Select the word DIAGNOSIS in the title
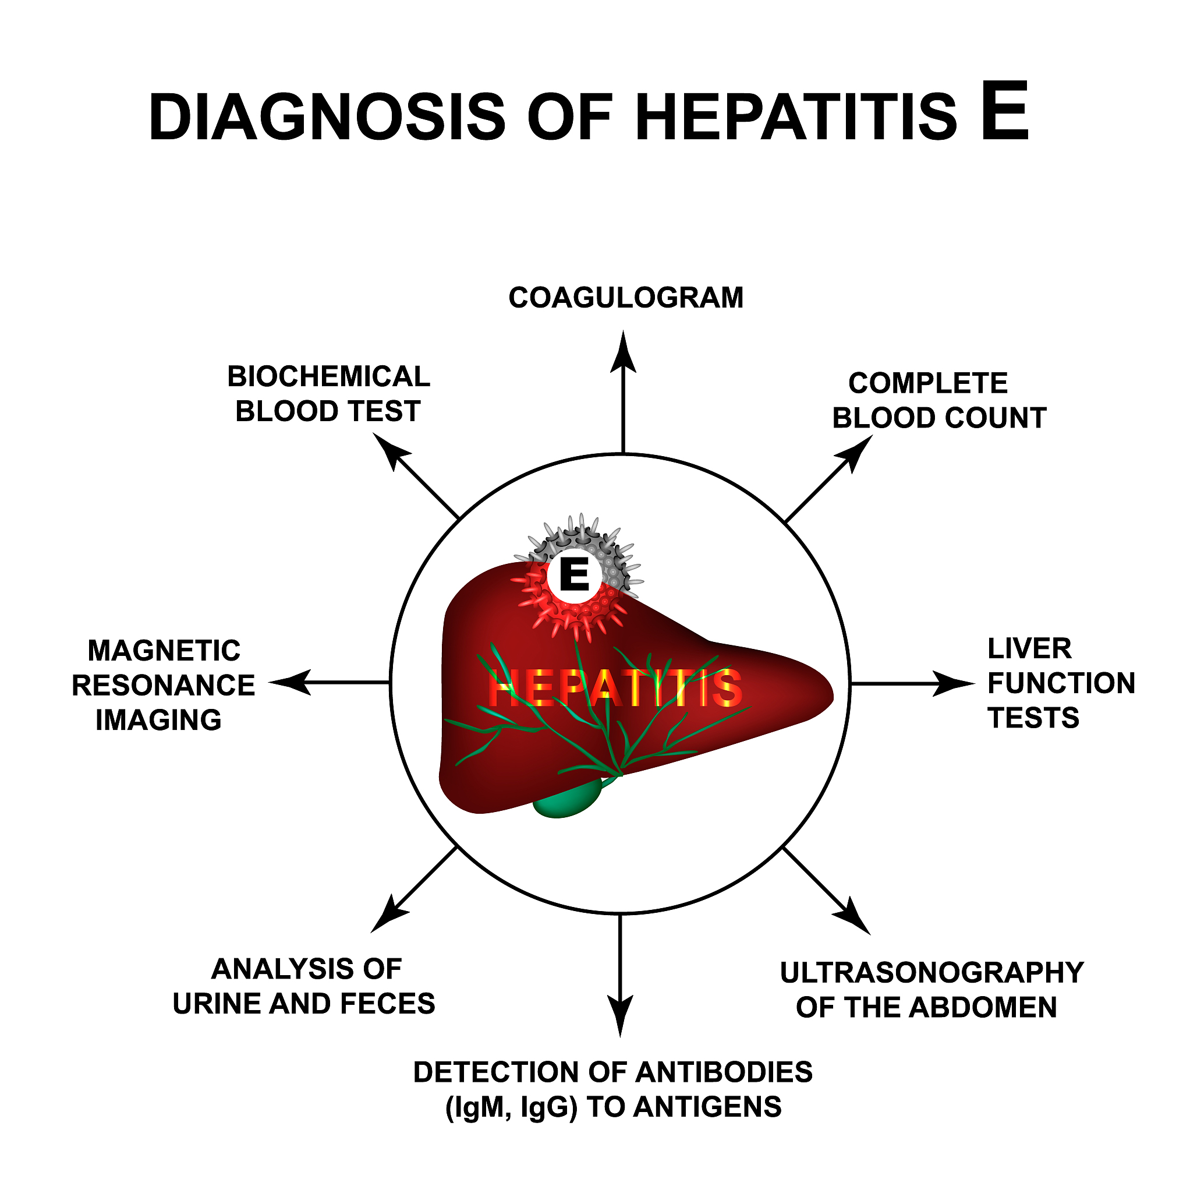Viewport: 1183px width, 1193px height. (327, 117)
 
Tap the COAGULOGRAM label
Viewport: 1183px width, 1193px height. (626, 298)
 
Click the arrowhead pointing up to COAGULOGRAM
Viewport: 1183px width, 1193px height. (624, 352)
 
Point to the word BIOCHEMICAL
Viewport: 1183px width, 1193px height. (329, 377)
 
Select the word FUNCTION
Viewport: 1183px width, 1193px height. (1061, 683)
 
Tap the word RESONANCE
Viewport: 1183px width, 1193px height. (164, 686)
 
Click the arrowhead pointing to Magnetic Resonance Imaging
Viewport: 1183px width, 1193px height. (290, 682)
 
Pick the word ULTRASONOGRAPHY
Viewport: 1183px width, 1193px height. (933, 973)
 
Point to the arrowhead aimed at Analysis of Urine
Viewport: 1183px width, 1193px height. (388, 914)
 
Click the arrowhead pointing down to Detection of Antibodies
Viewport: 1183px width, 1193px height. (620, 1016)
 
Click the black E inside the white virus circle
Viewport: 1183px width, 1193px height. (574, 575)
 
